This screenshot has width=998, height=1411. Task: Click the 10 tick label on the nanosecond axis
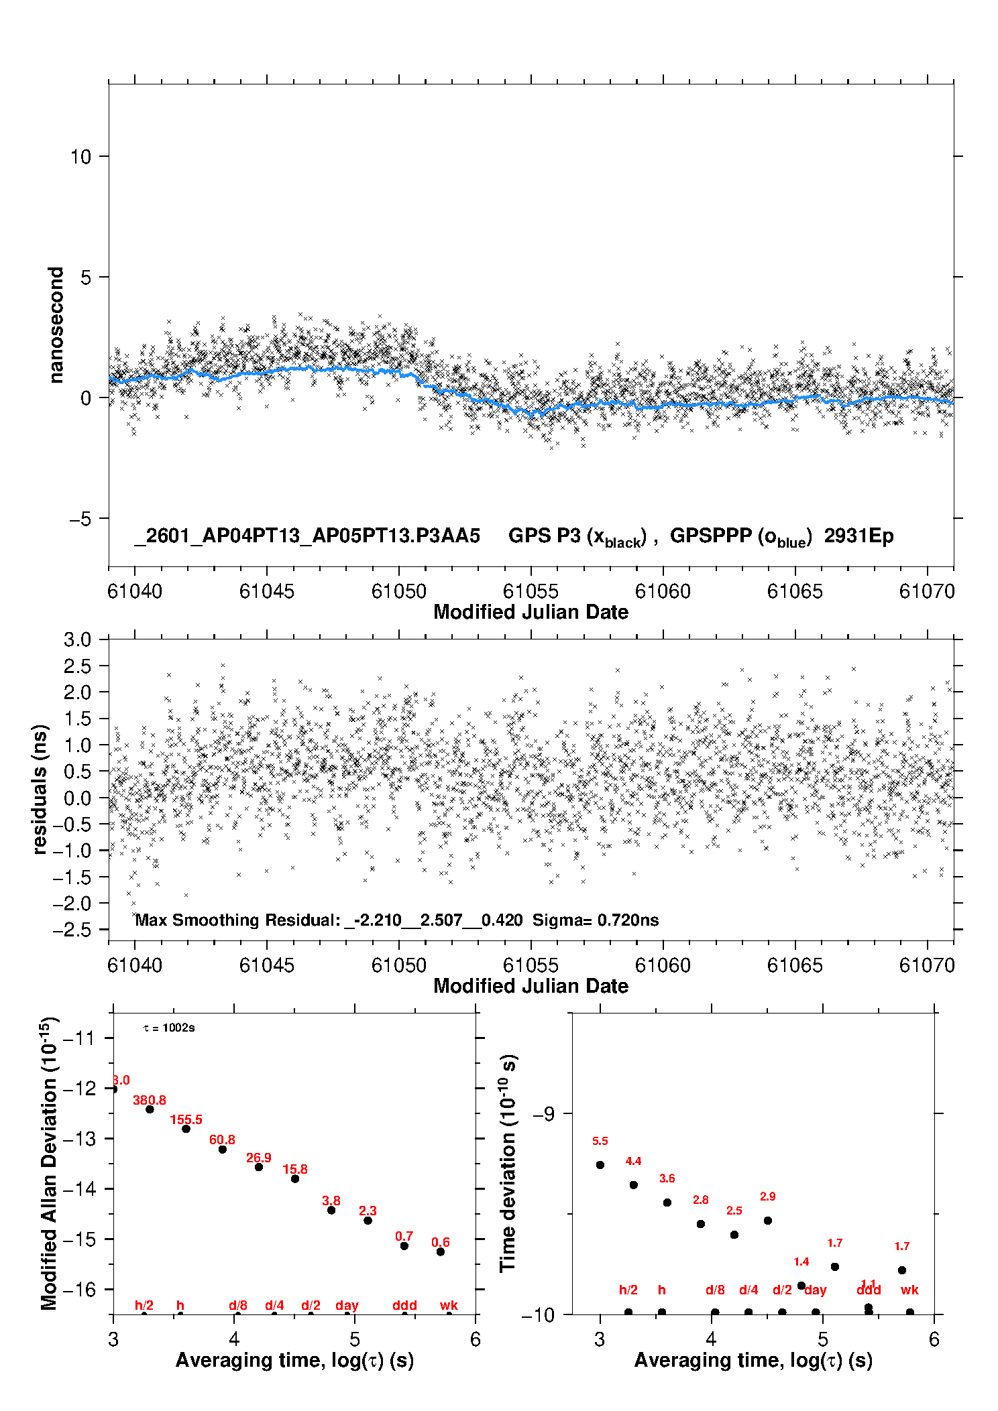(x=80, y=157)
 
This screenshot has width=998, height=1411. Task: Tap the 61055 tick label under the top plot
(x=531, y=591)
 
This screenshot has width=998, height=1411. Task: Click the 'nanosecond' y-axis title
(x=56, y=325)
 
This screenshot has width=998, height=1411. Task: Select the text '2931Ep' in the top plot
(x=858, y=536)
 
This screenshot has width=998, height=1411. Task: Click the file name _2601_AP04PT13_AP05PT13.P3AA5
(x=307, y=536)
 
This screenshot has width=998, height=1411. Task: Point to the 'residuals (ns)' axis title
(x=40, y=789)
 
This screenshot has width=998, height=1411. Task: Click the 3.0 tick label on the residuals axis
(x=78, y=639)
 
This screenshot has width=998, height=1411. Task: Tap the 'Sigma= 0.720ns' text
(x=596, y=920)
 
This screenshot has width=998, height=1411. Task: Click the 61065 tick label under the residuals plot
(x=795, y=965)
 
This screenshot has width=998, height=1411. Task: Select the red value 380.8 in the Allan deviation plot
(x=149, y=1100)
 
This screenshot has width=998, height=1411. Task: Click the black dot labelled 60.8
(x=223, y=1150)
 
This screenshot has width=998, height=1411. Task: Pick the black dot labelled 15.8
(x=295, y=1178)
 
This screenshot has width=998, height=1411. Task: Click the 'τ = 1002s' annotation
(x=169, y=1028)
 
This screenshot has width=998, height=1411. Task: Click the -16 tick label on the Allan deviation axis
(x=79, y=1289)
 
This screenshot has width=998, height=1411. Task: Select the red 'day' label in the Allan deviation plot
(x=347, y=1305)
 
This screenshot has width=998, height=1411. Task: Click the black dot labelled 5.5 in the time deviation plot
(x=600, y=1165)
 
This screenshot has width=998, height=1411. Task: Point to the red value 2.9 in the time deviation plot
(x=767, y=1197)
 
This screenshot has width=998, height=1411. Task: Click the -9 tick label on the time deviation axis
(x=543, y=1113)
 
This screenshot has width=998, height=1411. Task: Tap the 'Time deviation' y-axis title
(x=508, y=1163)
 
